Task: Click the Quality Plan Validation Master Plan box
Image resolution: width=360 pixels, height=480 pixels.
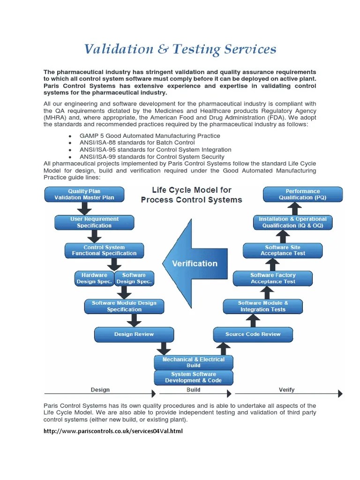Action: coord(84,195)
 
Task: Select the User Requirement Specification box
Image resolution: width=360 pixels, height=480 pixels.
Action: coord(94,222)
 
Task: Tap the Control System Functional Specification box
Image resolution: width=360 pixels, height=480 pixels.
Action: coord(104,250)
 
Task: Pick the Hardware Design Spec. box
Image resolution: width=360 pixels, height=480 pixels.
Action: coord(94,278)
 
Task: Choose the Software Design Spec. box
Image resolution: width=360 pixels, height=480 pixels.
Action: coord(134,278)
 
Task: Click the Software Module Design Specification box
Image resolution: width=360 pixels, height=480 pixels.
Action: coord(124,306)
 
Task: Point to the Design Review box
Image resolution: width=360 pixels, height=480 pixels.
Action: coord(134,335)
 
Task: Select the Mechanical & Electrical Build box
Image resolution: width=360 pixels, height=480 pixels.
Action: coord(193,362)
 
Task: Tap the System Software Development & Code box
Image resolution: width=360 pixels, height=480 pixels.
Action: coord(193,377)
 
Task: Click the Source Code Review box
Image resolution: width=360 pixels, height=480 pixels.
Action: coord(253,335)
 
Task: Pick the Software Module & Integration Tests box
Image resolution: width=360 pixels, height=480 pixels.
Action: coord(263,306)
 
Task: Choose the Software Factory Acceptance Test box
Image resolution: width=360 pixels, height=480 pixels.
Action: coord(273,278)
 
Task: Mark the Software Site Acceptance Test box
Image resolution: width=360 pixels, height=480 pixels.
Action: coord(283,250)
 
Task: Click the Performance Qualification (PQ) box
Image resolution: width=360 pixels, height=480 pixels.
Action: coord(303,195)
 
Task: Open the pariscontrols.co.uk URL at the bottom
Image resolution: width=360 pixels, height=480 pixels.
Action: coord(112,431)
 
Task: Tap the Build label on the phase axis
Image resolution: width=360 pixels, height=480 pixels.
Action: coord(193,390)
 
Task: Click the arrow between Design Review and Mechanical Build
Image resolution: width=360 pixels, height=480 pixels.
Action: coord(163,348)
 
